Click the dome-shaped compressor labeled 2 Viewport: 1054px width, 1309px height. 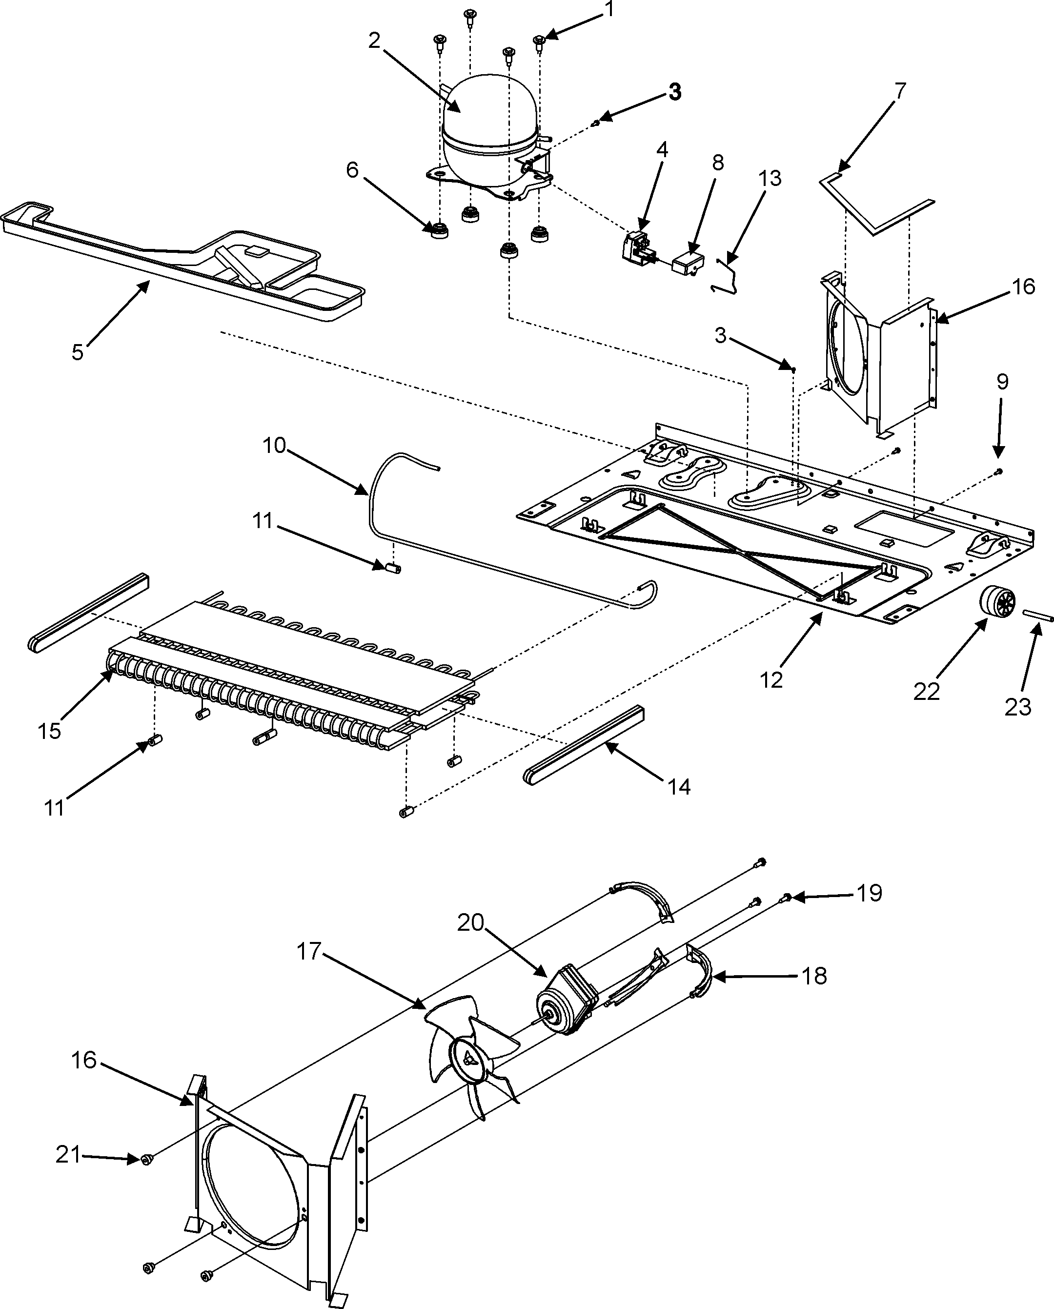click(x=489, y=130)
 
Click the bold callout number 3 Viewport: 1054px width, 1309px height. click(x=674, y=92)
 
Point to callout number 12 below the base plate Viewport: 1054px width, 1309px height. click(x=771, y=680)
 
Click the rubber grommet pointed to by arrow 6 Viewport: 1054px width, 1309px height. click(x=438, y=231)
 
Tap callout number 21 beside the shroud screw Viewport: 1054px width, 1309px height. click(x=68, y=1155)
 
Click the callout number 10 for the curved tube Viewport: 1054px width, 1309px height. click(x=274, y=445)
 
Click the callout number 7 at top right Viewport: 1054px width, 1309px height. click(x=900, y=91)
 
